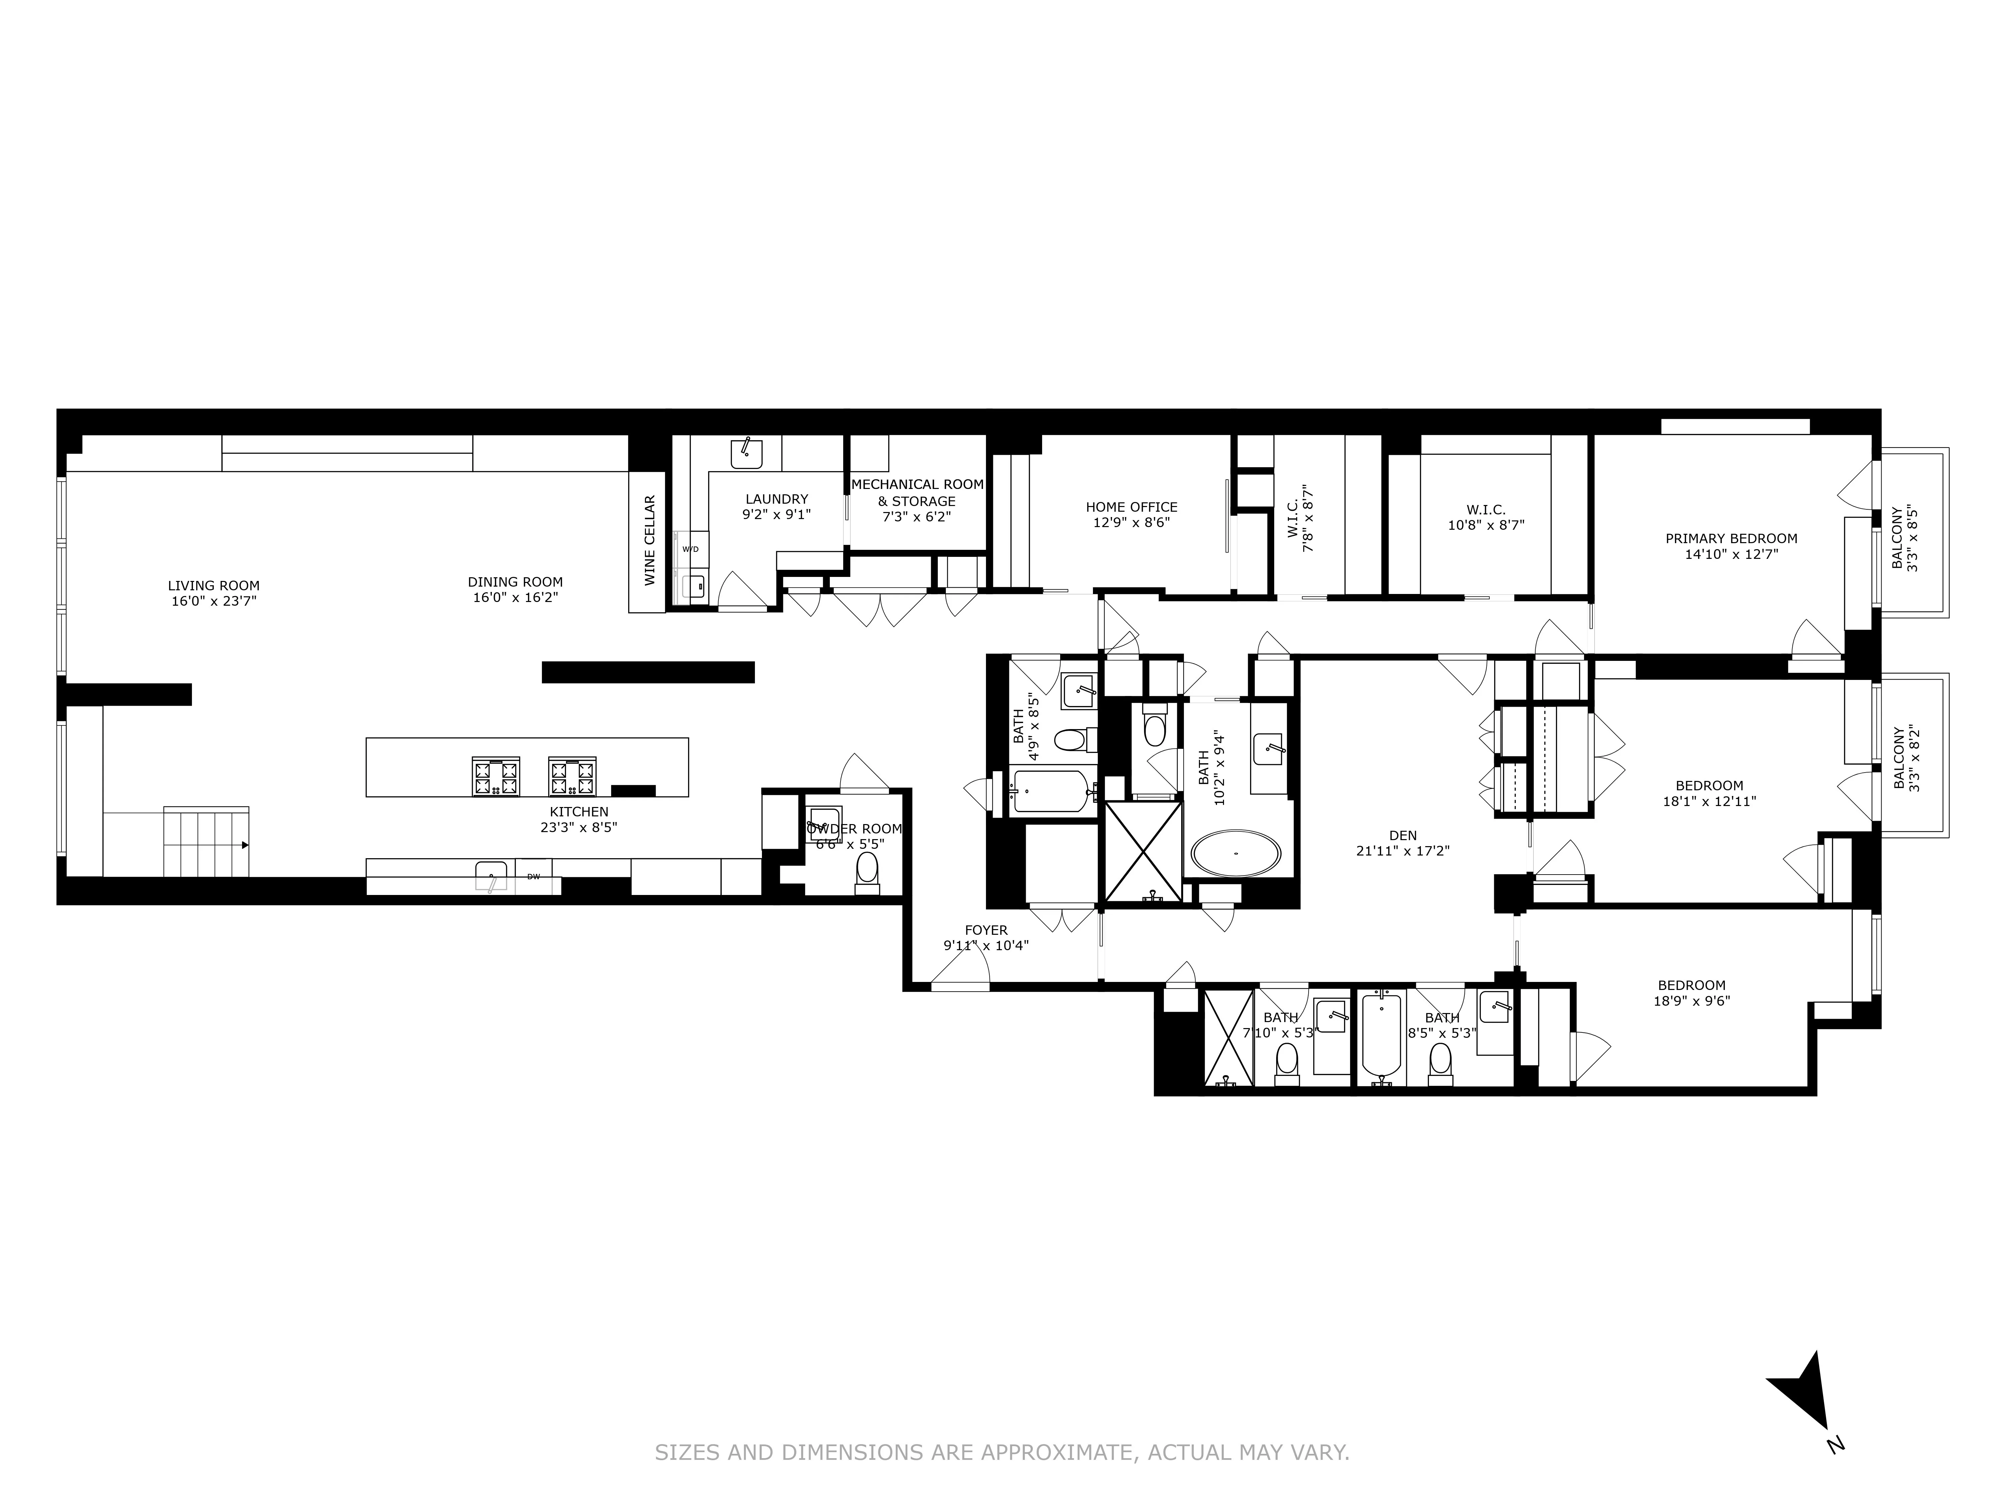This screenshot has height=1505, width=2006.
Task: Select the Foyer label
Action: click(x=986, y=930)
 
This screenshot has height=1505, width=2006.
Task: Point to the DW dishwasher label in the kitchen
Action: click(x=533, y=876)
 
